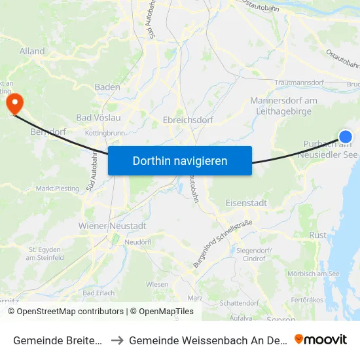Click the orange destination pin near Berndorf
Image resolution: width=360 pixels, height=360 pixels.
(14, 103)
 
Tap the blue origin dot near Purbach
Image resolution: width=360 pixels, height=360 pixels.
(345, 136)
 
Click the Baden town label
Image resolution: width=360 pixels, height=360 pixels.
(107, 86)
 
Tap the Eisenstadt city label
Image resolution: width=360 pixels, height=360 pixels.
(246, 203)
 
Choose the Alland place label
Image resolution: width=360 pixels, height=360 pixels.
(32, 51)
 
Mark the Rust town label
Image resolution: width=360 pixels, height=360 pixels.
(318, 235)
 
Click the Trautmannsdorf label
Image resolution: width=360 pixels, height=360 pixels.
(300, 83)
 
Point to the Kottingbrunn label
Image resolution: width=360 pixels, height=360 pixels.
(104, 133)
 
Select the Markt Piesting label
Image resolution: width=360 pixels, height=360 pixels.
(58, 189)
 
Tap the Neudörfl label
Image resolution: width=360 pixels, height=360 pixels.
(137, 242)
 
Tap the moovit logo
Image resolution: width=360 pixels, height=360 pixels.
(321, 339)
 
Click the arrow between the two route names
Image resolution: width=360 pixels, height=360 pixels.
(118, 340)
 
